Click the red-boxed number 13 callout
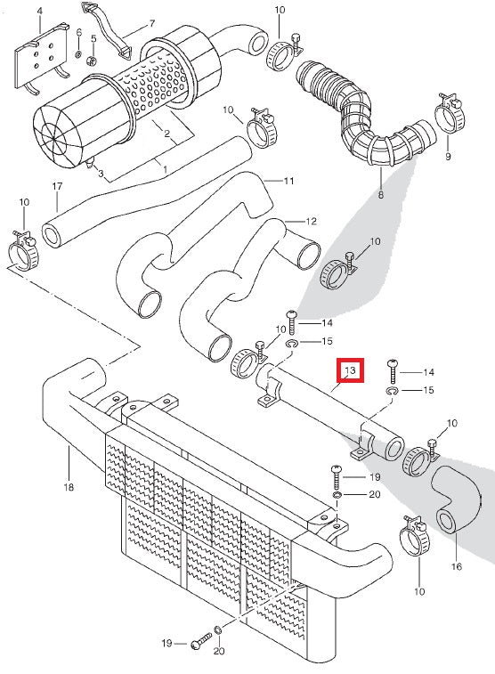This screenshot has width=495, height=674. click(350, 370)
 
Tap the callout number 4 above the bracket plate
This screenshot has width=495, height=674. click(40, 12)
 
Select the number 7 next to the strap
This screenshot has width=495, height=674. click(152, 24)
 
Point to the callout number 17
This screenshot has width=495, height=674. click(57, 187)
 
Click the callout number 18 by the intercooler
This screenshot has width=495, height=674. click(69, 487)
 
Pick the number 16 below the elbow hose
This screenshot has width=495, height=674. click(457, 566)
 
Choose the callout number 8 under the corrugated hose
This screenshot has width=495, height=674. click(381, 195)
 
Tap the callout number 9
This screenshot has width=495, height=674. click(448, 156)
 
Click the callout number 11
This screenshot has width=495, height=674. click(288, 181)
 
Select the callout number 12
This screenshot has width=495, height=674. click(311, 222)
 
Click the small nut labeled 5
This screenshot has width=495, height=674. click(91, 61)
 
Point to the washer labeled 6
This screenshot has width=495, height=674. click(78, 54)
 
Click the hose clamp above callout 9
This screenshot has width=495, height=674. click(450, 113)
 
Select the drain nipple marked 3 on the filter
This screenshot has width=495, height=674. click(90, 164)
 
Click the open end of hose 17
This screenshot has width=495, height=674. click(52, 236)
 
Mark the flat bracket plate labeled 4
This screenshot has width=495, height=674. click(42, 58)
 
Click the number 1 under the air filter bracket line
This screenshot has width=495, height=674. click(165, 169)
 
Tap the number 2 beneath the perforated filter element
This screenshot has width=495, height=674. click(166, 134)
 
